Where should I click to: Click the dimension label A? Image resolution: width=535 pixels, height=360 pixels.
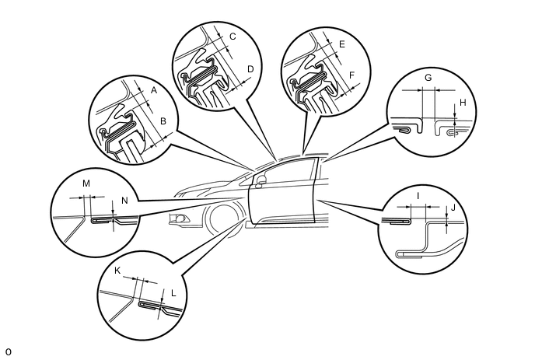153,91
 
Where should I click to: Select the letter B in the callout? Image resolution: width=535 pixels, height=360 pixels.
163,121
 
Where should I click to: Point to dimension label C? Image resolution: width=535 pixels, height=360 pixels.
232,37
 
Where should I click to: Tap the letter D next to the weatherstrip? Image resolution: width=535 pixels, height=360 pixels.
250,69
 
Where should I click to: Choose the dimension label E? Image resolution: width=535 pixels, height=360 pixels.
342,44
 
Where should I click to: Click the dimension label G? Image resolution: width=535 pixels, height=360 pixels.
428,79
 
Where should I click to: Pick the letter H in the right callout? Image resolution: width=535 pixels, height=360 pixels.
463,102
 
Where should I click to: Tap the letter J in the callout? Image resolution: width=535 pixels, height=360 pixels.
454,208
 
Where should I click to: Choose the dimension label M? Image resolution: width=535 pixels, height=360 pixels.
86,183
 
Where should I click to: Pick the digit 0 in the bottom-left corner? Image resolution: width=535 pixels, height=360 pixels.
7,352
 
